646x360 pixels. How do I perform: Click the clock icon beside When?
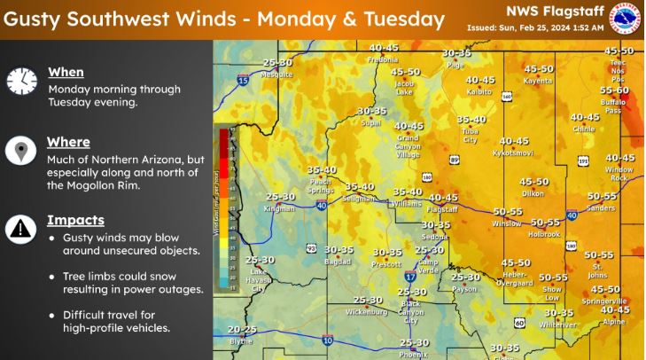17,82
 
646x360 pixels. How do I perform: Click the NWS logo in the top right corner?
626,20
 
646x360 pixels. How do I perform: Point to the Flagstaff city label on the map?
442,210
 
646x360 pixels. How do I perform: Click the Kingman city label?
280,208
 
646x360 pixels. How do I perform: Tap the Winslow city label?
507,223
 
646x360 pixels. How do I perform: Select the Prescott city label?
387,263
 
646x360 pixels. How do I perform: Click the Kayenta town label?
538,80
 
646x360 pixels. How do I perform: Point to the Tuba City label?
471,135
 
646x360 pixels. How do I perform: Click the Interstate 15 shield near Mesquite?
242,81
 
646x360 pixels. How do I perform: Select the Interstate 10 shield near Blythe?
327,339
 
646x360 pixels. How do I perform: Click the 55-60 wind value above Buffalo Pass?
614,90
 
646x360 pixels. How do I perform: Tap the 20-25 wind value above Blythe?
240,329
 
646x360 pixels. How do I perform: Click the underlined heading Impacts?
75,220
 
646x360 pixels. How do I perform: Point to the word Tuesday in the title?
404,18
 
